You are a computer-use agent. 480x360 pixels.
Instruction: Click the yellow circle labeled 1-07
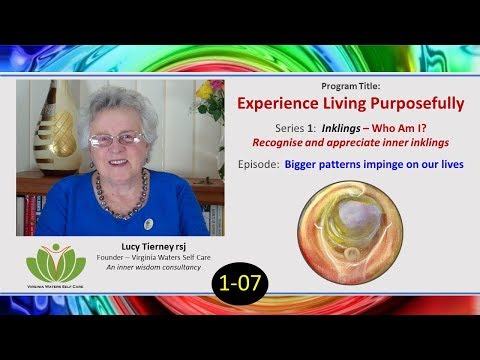coord(241,283)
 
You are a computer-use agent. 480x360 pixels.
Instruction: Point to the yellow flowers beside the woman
coord(204,92)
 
